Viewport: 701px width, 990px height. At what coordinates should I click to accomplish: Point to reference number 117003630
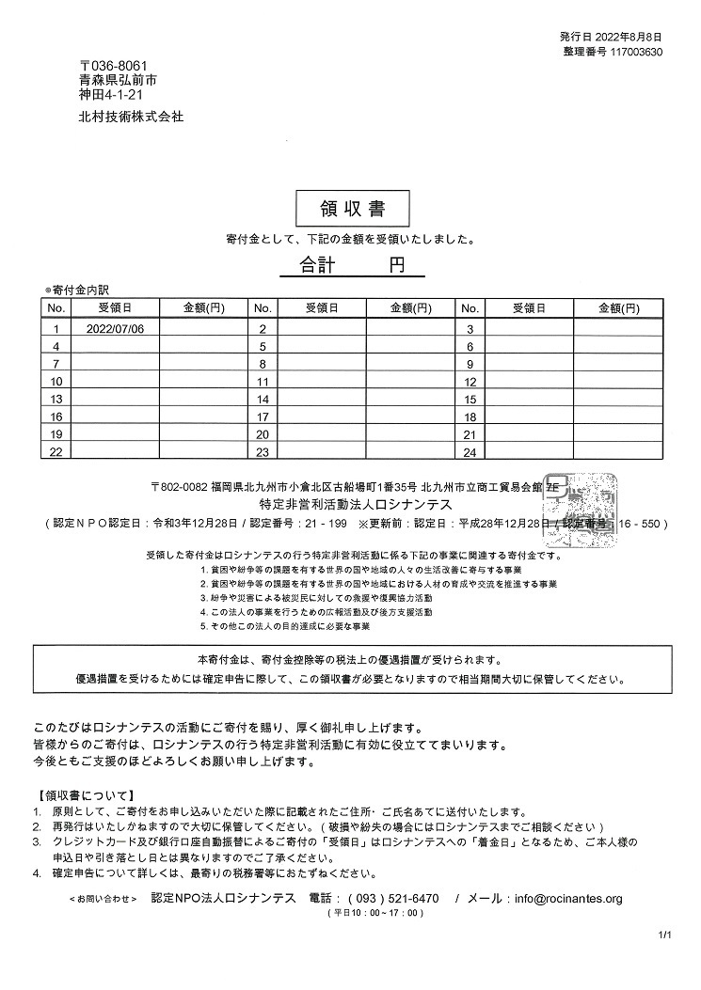click(x=637, y=52)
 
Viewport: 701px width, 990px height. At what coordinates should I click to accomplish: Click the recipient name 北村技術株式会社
click(x=132, y=118)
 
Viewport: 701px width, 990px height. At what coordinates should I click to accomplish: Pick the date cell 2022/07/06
click(x=115, y=329)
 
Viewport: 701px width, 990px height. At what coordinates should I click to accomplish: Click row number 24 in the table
click(x=470, y=452)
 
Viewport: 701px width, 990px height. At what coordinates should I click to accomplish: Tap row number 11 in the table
click(x=263, y=382)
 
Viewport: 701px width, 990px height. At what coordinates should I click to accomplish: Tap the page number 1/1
click(x=665, y=935)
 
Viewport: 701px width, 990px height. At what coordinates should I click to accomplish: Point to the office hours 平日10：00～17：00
click(x=371, y=913)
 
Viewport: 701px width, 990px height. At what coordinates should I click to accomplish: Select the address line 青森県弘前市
click(x=118, y=81)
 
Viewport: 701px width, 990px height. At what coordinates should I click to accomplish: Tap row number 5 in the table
click(x=263, y=347)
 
